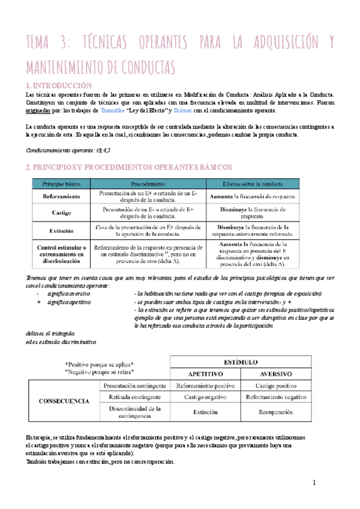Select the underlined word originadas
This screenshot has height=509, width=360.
[x=42, y=111]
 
